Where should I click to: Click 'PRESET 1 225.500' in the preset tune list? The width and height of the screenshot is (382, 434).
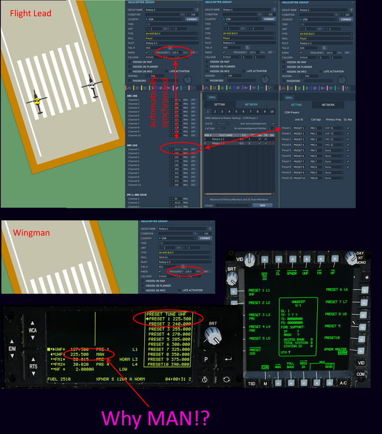(x=168, y=319)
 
